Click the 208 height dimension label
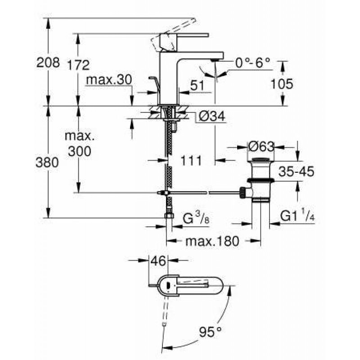point(48,63)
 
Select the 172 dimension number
point(78,65)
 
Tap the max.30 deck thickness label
point(109,80)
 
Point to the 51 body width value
point(197,85)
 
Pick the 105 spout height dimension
point(282,84)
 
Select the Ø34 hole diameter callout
point(211,117)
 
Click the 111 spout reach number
point(191,161)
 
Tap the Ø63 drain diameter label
point(261,146)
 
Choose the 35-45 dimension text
point(296,171)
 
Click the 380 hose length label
point(47,162)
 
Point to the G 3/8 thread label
point(196,218)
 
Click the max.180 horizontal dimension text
point(212,241)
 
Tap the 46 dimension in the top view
point(158,261)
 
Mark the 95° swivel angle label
point(211,332)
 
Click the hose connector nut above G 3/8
point(169,216)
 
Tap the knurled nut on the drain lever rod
point(243,193)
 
